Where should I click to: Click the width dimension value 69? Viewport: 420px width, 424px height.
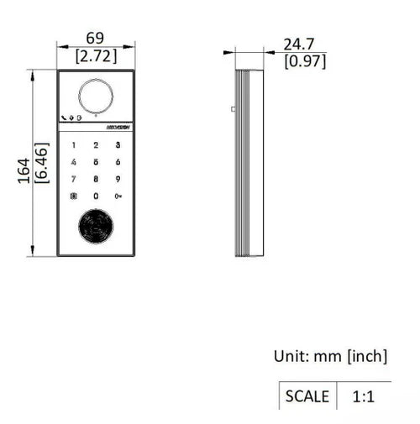96,39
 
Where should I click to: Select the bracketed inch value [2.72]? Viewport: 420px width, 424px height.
96,56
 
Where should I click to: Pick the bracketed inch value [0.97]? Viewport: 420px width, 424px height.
305,61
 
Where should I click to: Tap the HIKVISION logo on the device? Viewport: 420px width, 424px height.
118,127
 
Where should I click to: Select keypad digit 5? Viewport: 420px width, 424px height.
96,162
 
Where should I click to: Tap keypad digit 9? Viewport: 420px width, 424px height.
118,179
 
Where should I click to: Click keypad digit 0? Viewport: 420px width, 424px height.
96,196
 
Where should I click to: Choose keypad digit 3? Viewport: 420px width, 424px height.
118,145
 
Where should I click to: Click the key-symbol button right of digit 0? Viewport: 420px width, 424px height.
118,196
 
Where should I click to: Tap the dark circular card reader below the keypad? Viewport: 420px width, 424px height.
96,227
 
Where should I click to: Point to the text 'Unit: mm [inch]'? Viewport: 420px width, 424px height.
330,356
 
